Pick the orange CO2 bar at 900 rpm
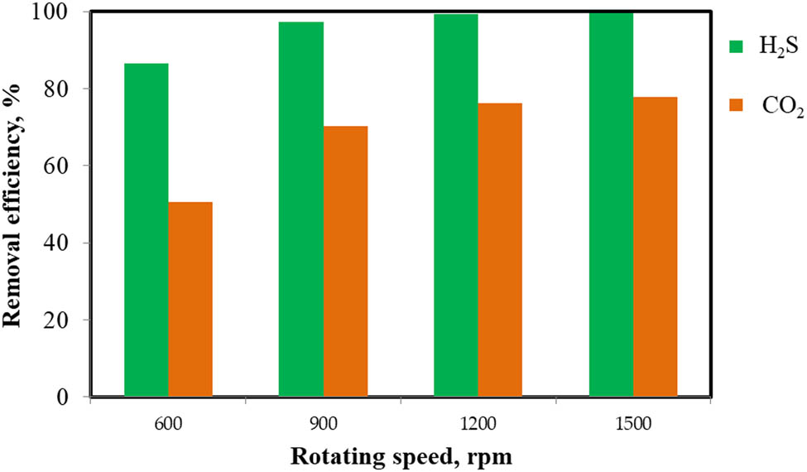click(x=345, y=262)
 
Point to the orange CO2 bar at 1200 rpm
click(x=500, y=250)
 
